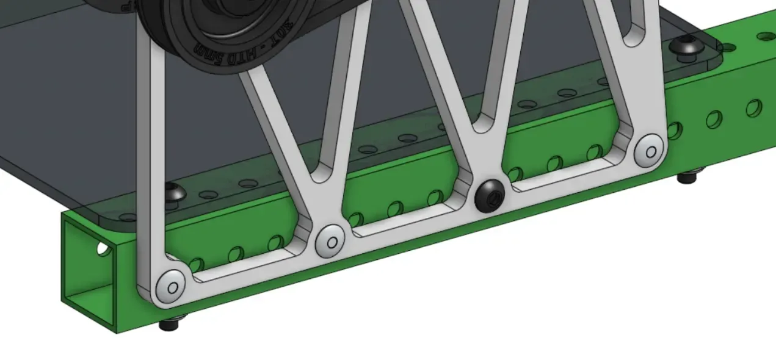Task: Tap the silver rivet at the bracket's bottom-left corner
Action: pos(171,287)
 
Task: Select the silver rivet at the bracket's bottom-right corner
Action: pos(648,151)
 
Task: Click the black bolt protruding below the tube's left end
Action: pos(169,323)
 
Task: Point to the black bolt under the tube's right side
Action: pos(687,178)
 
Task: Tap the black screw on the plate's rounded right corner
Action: pos(686,45)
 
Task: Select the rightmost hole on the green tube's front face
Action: pos(754,109)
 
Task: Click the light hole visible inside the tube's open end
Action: pos(103,248)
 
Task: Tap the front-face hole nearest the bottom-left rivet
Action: pos(197,265)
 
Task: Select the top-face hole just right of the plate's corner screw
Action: pos(727,46)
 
